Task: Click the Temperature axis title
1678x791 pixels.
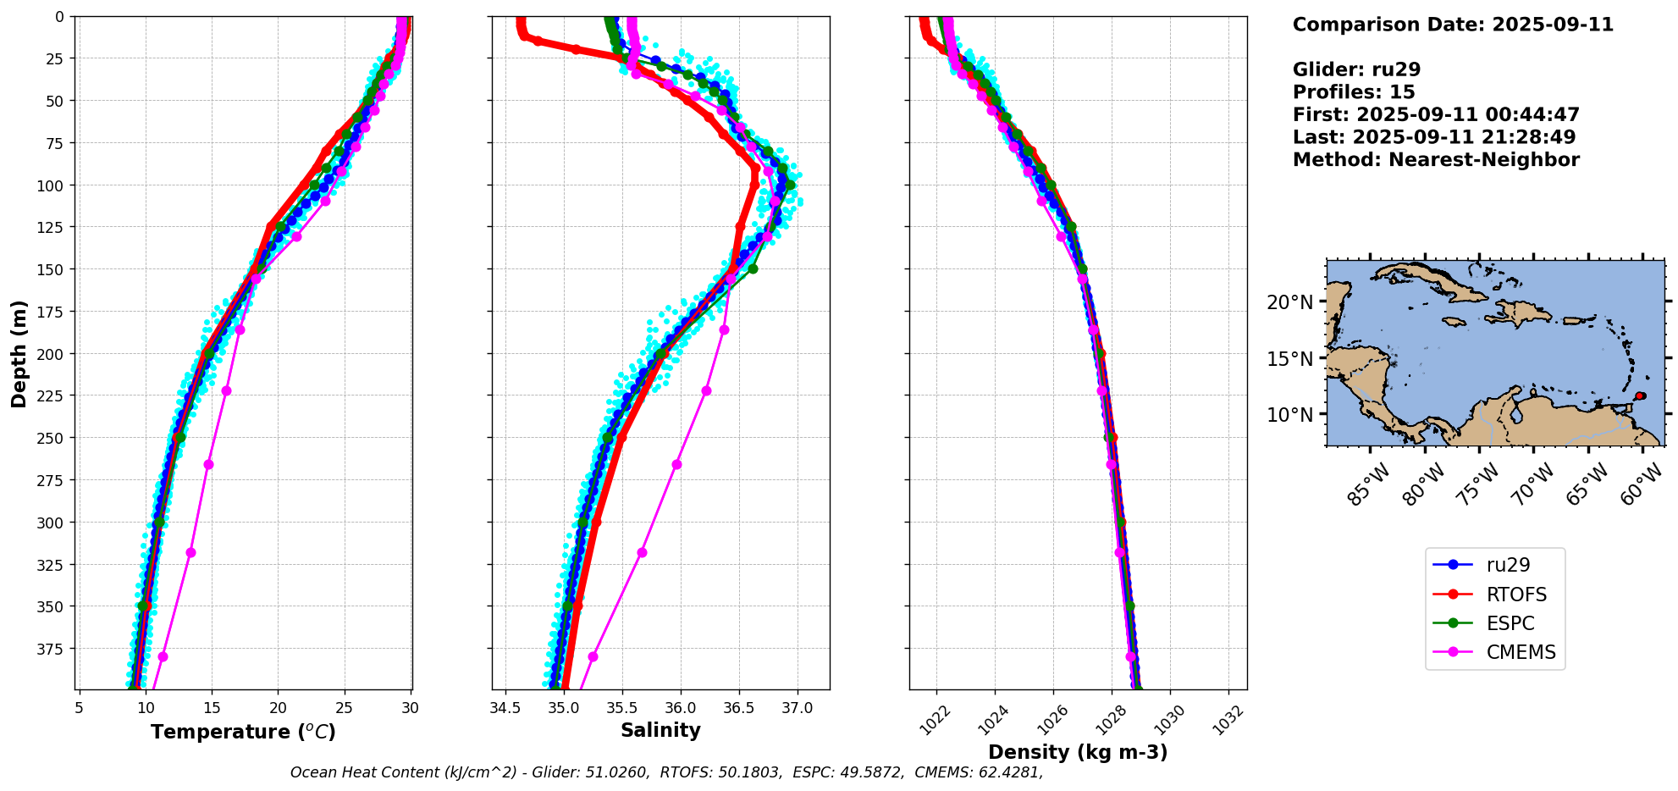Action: [x=243, y=732]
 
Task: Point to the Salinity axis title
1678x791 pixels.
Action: [x=660, y=730]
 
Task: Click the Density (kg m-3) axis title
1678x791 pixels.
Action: [x=1078, y=752]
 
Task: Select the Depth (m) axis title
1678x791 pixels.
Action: [x=19, y=353]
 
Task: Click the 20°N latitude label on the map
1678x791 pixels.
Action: [x=1289, y=302]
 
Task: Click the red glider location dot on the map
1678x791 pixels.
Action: [x=1640, y=395]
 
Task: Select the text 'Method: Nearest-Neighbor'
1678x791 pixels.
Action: [x=1436, y=160]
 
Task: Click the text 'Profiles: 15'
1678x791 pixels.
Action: [x=1354, y=92]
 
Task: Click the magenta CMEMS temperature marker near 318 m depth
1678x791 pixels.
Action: [x=190, y=553]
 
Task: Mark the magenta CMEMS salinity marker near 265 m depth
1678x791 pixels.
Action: [x=676, y=464]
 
